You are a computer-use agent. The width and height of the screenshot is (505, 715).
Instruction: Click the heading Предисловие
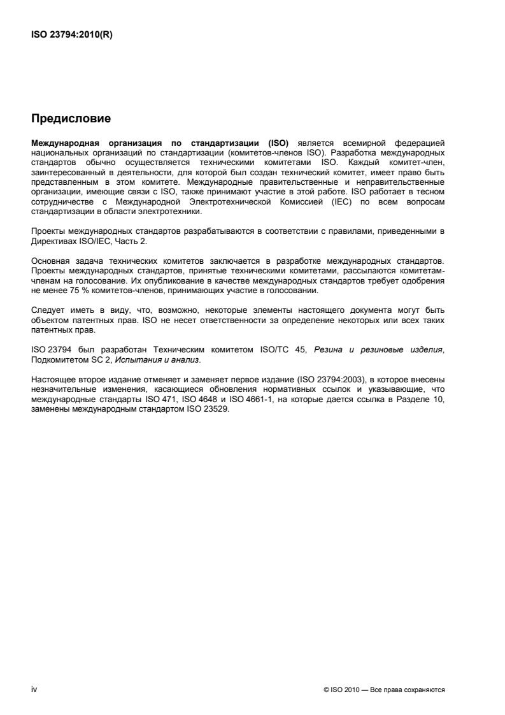point(71,118)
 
